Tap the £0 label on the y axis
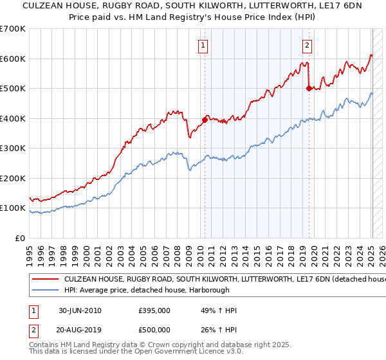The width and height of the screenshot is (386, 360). (20, 238)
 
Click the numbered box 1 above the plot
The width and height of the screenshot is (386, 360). (203, 45)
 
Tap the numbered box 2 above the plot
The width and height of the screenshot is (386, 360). (308, 45)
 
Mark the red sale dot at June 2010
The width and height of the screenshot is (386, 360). (205, 120)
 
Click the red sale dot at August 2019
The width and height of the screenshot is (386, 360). (309, 88)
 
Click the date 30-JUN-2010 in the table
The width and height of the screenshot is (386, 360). (80, 310)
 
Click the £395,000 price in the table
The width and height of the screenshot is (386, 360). (154, 310)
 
